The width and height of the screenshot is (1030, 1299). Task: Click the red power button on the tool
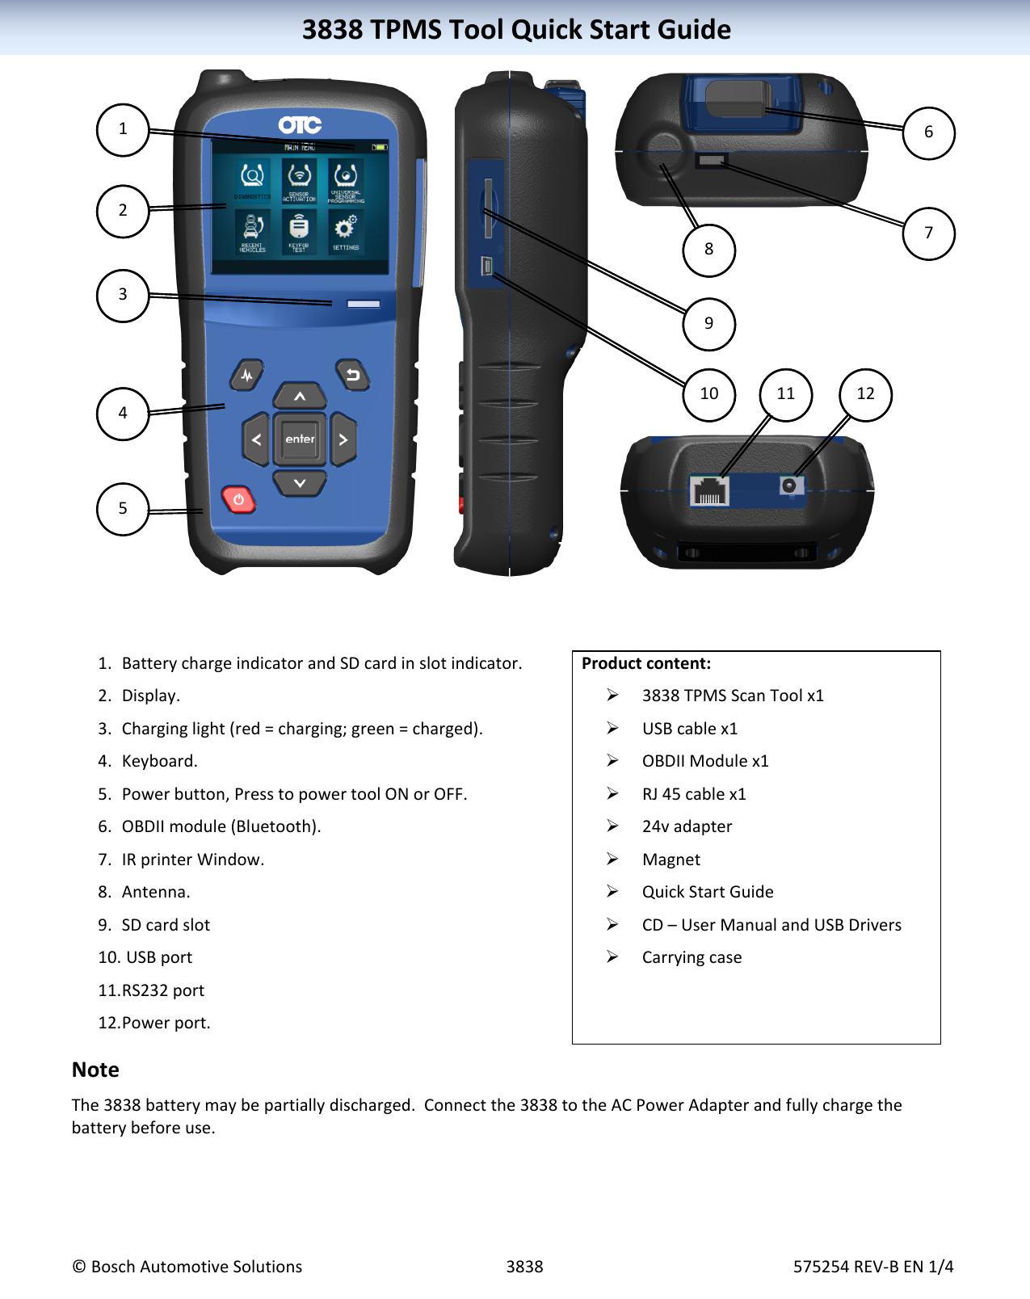(x=238, y=500)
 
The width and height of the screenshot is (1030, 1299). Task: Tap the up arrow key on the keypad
(x=300, y=396)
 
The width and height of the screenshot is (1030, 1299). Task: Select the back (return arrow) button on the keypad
(x=352, y=375)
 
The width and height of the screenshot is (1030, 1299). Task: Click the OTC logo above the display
(x=300, y=125)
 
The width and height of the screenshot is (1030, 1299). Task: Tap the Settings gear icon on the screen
(x=346, y=228)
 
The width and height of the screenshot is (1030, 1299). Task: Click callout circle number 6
(x=928, y=132)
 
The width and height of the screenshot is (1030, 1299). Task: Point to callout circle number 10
(x=708, y=394)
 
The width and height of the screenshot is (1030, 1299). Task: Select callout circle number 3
(x=123, y=295)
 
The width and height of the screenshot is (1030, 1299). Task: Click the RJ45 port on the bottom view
(x=709, y=491)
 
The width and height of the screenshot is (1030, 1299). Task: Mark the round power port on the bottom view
(x=790, y=486)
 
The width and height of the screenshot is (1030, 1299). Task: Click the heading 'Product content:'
(x=646, y=663)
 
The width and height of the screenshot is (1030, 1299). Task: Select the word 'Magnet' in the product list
(x=671, y=860)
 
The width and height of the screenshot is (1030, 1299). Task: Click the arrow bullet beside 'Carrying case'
(x=613, y=956)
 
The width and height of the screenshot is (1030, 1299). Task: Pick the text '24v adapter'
(x=687, y=826)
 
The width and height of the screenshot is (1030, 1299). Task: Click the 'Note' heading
(x=95, y=1070)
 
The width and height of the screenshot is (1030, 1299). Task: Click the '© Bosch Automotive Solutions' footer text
(x=187, y=1267)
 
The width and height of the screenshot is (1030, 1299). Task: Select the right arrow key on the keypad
(x=343, y=439)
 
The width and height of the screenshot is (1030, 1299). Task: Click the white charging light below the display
(x=364, y=304)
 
